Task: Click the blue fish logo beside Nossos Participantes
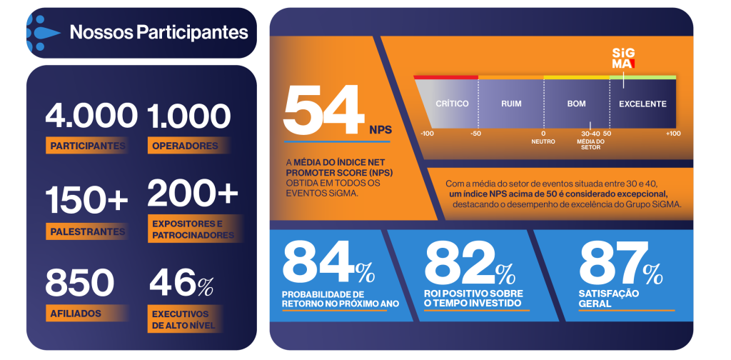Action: tap(43, 33)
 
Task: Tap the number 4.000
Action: tap(91, 116)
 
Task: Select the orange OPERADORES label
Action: tap(185, 146)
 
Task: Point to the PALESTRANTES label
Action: tap(88, 231)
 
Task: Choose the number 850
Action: tap(80, 283)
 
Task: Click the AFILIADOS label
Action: tap(76, 314)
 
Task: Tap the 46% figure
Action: tap(181, 283)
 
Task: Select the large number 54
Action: tap(323, 110)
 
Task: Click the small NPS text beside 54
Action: tap(381, 129)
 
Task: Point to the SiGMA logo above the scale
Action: tap(623, 59)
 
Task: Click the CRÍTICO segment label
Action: tap(452, 104)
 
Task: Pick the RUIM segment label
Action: tap(511, 104)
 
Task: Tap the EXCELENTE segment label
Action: tap(643, 104)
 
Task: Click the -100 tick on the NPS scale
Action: tap(427, 134)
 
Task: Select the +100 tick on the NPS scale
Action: tap(672, 134)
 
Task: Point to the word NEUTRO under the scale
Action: tap(543, 141)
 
